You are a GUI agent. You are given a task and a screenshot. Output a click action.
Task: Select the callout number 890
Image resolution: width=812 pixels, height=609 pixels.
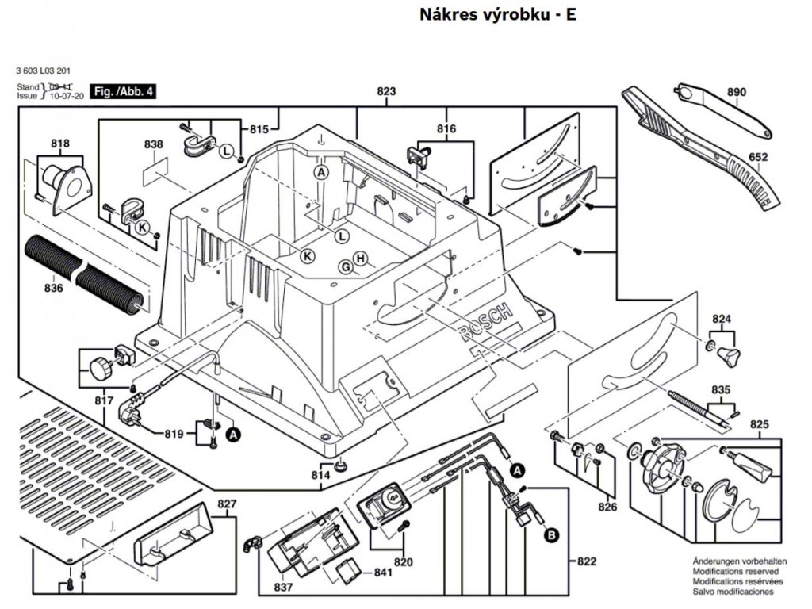coord(737,93)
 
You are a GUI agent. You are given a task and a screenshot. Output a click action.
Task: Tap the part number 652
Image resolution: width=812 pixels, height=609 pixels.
coord(759,157)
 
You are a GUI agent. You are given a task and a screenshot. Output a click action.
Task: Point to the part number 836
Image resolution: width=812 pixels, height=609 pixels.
coord(54,288)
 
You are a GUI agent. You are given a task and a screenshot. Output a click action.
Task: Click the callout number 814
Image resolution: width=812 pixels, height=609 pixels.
coord(320,474)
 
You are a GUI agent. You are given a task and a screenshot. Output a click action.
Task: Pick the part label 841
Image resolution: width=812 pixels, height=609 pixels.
coord(384,573)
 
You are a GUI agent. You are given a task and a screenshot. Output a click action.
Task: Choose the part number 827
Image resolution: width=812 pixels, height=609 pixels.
coord(228,504)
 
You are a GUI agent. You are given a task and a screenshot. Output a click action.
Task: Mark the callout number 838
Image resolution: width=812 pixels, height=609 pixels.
coord(154,144)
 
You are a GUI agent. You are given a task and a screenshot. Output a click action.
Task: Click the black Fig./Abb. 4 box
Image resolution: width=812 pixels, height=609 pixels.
coord(123,91)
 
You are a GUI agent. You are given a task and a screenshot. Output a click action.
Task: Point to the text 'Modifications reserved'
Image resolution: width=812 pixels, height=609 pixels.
coord(735,571)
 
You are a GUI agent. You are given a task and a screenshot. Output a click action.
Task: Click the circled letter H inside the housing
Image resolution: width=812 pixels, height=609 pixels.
coord(360,259)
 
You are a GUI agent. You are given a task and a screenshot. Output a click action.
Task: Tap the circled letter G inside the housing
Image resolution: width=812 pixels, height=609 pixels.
coord(345,267)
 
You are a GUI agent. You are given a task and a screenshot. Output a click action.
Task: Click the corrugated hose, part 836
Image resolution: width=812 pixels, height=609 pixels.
coord(83,270)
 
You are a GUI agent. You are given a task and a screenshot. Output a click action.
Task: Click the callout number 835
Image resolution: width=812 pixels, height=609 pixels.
coord(720,389)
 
